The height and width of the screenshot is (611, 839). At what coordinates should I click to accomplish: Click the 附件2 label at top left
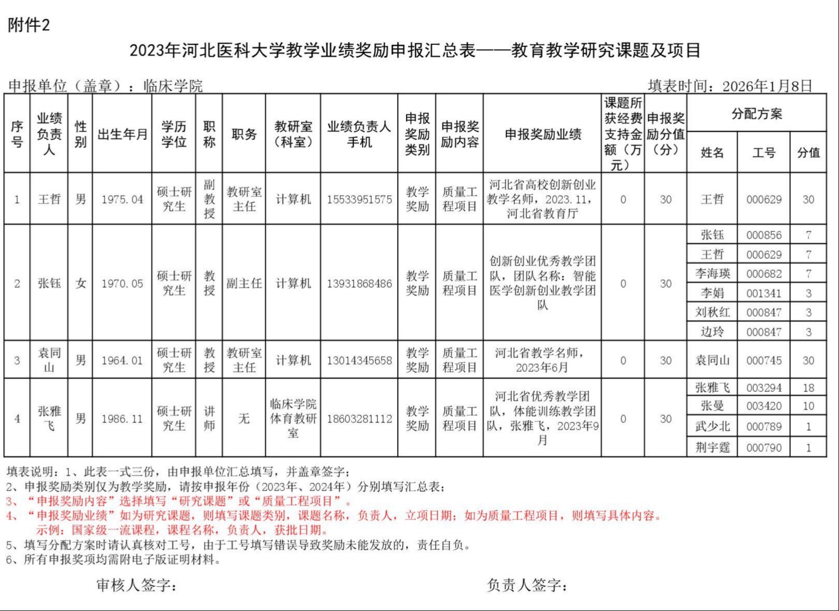click(29, 25)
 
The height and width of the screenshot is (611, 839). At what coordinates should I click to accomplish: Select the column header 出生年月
click(122, 134)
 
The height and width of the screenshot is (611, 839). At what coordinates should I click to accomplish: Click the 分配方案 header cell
click(756, 114)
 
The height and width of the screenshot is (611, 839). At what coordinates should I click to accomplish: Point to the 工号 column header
click(763, 152)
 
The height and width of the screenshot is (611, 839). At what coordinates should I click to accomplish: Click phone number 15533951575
click(359, 199)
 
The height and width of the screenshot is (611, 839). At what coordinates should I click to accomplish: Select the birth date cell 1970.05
click(122, 283)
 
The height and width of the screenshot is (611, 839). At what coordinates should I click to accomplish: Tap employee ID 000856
click(763, 235)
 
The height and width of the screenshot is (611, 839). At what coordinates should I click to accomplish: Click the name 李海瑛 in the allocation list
click(712, 274)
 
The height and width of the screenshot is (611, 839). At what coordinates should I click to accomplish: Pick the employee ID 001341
click(763, 293)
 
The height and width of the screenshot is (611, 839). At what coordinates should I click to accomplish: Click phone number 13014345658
click(359, 361)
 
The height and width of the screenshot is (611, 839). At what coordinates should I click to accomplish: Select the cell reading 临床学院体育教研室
click(293, 418)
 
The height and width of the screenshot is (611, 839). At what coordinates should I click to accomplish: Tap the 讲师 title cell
click(209, 418)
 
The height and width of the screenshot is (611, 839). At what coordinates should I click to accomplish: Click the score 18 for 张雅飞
click(808, 388)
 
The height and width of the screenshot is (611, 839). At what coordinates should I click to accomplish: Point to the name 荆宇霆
click(712, 447)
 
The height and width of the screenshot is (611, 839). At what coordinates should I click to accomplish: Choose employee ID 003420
click(763, 406)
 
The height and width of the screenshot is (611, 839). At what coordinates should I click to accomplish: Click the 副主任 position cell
click(243, 283)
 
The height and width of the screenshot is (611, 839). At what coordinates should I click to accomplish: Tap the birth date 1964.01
click(122, 361)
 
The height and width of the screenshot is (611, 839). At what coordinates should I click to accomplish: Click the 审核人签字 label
click(136, 585)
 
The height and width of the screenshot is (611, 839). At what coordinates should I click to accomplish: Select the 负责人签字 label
click(527, 585)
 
